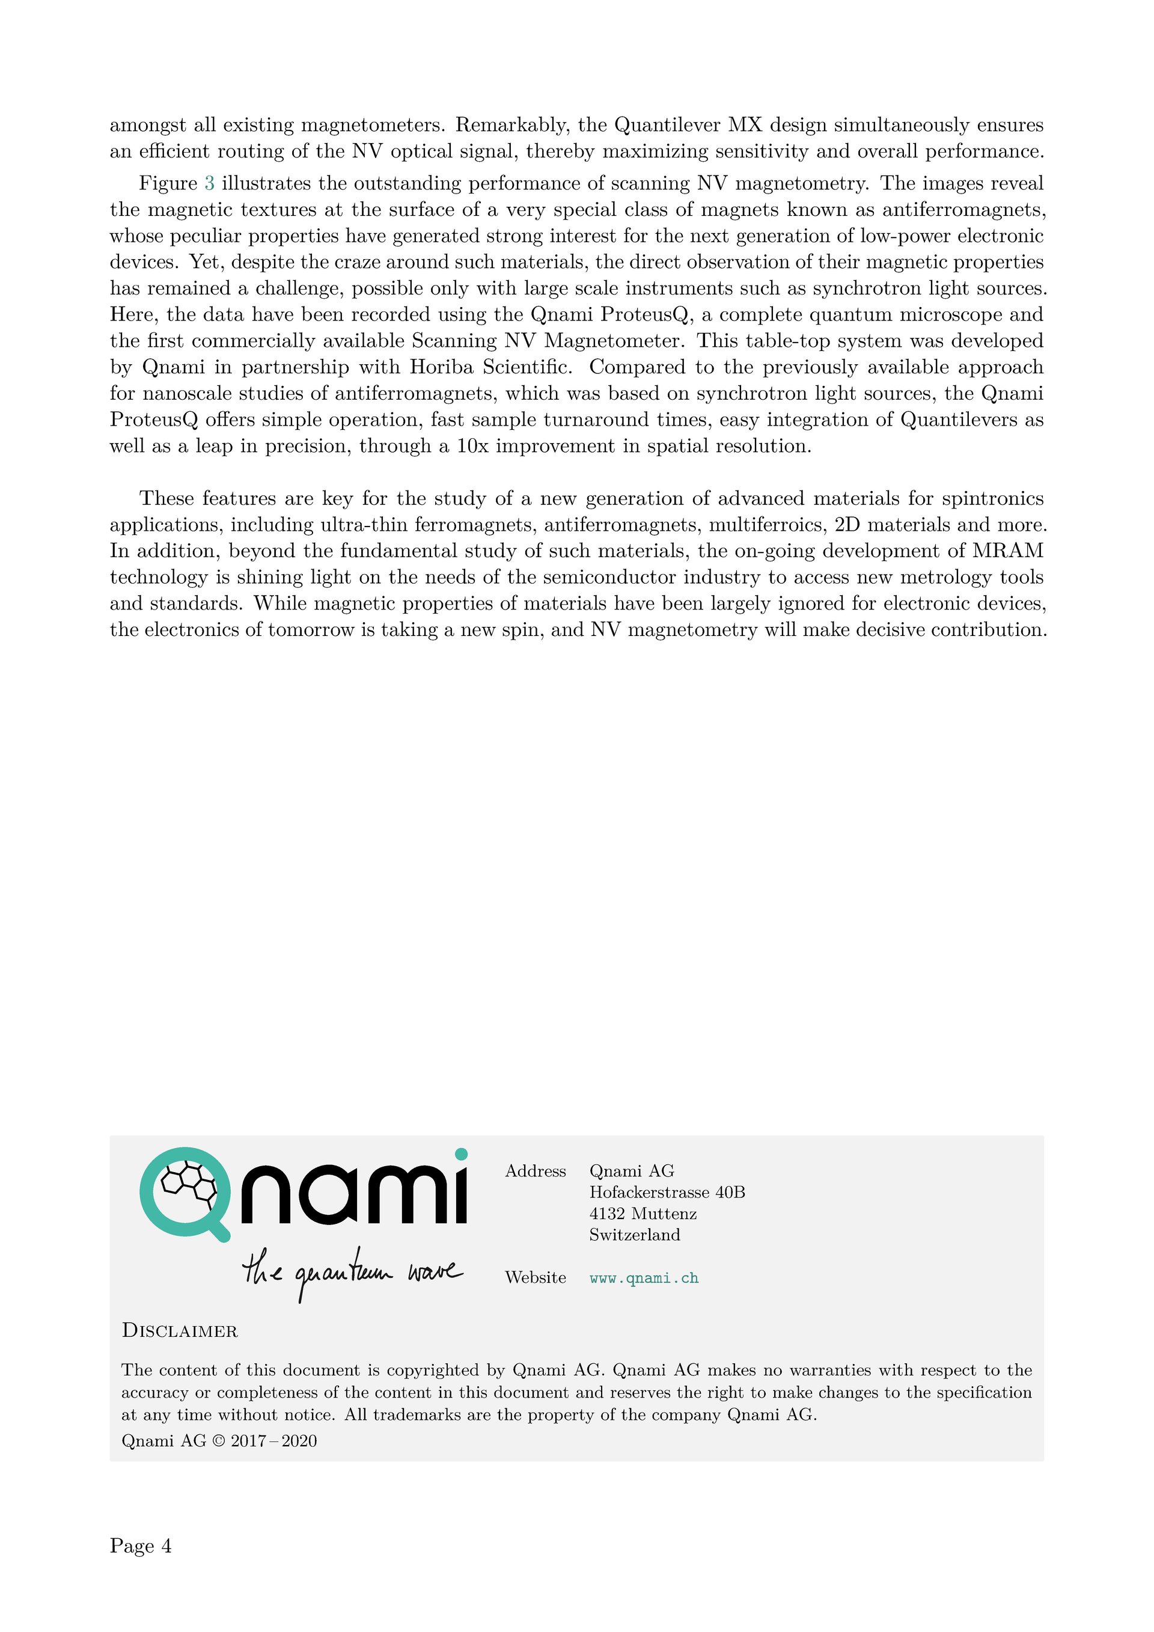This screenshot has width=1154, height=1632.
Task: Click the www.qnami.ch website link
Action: [x=644, y=1278]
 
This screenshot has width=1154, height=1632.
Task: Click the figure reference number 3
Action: [x=209, y=183]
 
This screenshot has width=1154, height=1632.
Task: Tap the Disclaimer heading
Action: [x=180, y=1331]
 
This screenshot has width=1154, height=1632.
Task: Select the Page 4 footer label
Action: [x=141, y=1546]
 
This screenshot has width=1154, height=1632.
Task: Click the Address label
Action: [x=535, y=1172]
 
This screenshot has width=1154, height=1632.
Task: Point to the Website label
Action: [x=535, y=1277]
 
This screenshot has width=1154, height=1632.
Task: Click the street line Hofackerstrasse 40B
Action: [x=667, y=1192]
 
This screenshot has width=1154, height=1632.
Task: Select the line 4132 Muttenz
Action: [x=643, y=1214]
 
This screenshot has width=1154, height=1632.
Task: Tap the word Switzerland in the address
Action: [x=634, y=1235]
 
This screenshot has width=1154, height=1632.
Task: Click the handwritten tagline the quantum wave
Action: [x=352, y=1273]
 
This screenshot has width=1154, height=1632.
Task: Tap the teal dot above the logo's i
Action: [x=460, y=1154]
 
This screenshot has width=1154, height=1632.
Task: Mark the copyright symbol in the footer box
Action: [x=218, y=1441]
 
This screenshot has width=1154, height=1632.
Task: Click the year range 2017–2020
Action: [x=273, y=1441]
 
